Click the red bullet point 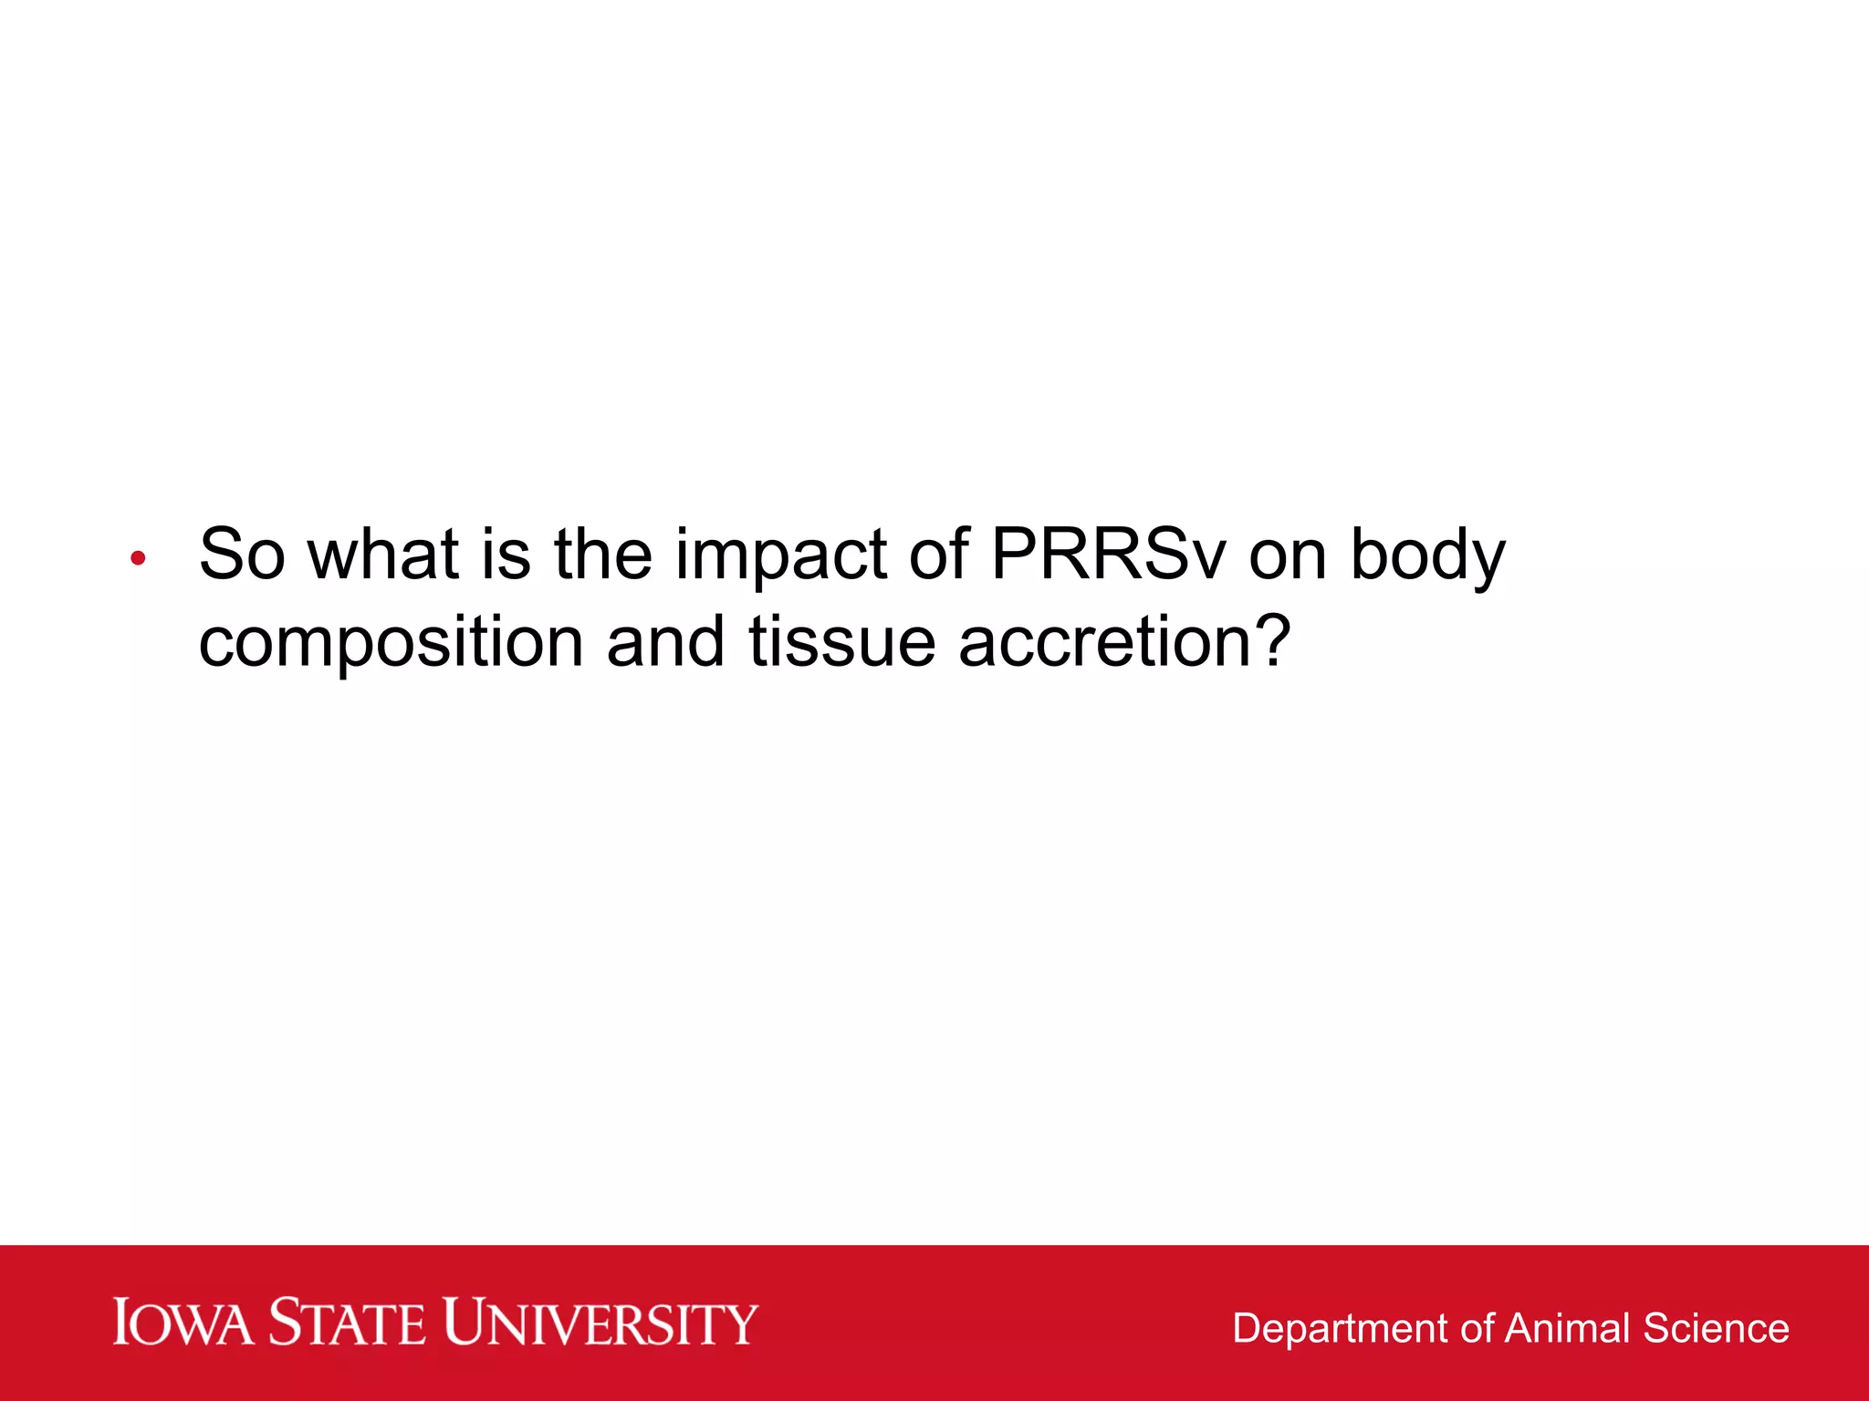click(x=138, y=558)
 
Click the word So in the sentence click(x=241, y=555)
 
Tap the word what click(x=382, y=555)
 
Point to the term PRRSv click(x=1108, y=555)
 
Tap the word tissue click(x=841, y=641)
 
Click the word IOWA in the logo click(x=183, y=1323)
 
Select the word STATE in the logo click(x=348, y=1323)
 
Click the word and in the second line click(x=665, y=641)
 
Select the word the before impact click(x=603, y=555)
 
